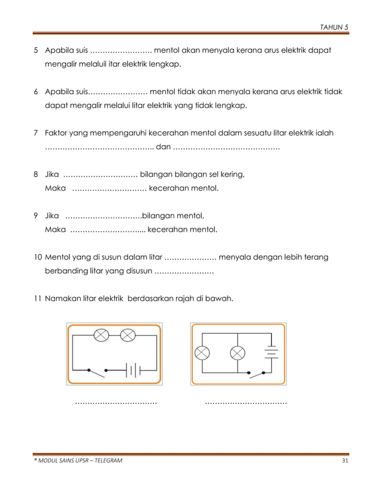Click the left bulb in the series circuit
(101, 335)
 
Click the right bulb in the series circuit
(128, 335)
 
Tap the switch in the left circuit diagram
(98, 370)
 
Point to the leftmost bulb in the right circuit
(202, 352)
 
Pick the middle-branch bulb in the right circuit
(238, 352)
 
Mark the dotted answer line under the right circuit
(245, 403)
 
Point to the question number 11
(37, 298)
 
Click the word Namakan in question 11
(63, 298)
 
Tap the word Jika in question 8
(53, 175)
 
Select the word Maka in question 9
(55, 230)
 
